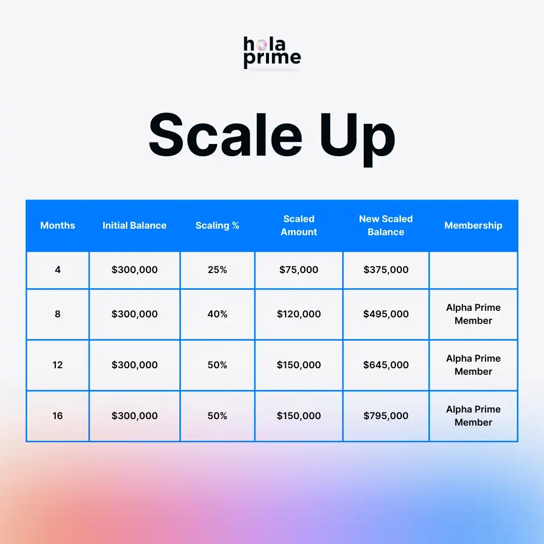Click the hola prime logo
[x=272, y=52]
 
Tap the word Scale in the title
[x=226, y=135]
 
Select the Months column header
[x=57, y=226]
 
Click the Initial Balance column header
[x=134, y=226]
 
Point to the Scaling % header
[x=217, y=226]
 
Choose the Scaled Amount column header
[x=299, y=226]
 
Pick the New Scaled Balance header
[x=386, y=226]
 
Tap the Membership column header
[x=473, y=226]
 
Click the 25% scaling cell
[x=217, y=269]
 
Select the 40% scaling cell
[x=217, y=314]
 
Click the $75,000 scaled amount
[x=299, y=269]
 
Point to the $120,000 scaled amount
[x=299, y=314]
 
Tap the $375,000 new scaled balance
[x=386, y=269]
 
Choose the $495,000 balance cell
[x=386, y=314]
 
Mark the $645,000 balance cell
[x=386, y=365]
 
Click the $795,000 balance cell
[x=386, y=416]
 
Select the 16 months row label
[x=57, y=416]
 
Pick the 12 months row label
[x=57, y=365]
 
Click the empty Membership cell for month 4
[x=473, y=270]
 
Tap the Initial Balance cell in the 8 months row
[x=134, y=314]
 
